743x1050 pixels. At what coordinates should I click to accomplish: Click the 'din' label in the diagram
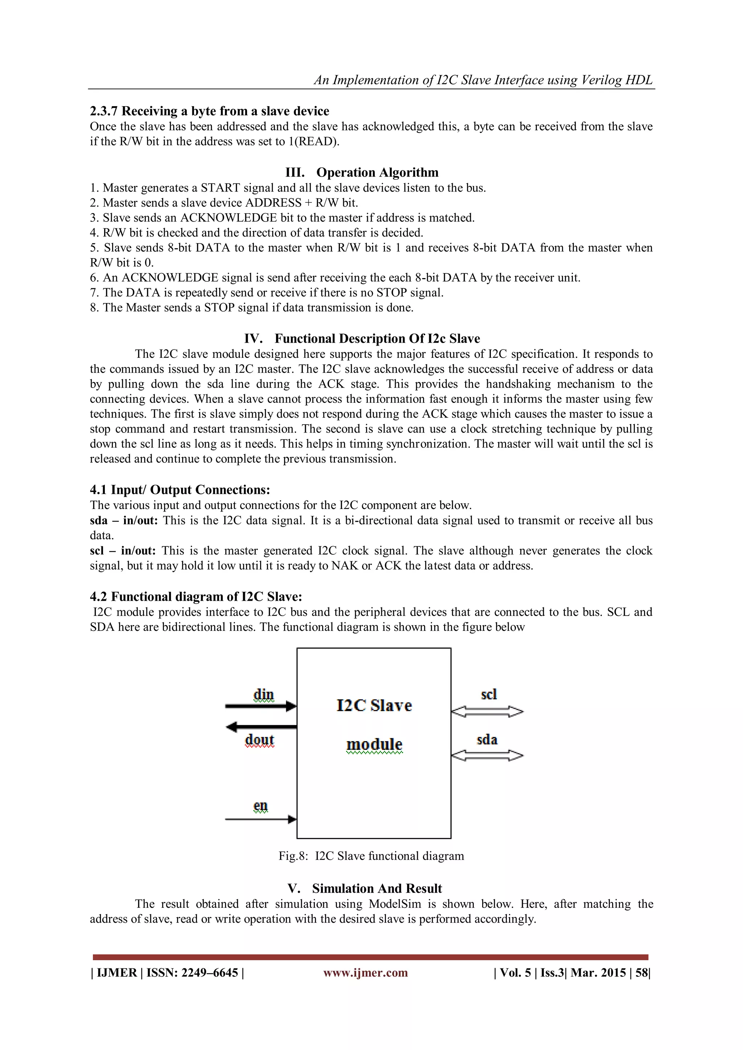pyautogui.click(x=263, y=694)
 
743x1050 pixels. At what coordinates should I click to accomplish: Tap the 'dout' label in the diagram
pyautogui.click(x=259, y=740)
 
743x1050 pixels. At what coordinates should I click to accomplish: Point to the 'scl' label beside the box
pyautogui.click(x=489, y=694)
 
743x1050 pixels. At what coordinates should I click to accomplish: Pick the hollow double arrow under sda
pyautogui.click(x=487, y=756)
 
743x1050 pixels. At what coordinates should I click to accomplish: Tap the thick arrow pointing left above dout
pyautogui.click(x=261, y=726)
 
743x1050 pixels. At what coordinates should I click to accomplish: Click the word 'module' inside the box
pyautogui.click(x=374, y=744)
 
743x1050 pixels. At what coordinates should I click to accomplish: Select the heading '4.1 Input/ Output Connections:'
pyautogui.click(x=180, y=490)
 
